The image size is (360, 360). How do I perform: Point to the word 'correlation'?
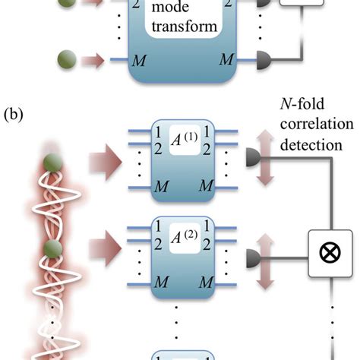point(306,125)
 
